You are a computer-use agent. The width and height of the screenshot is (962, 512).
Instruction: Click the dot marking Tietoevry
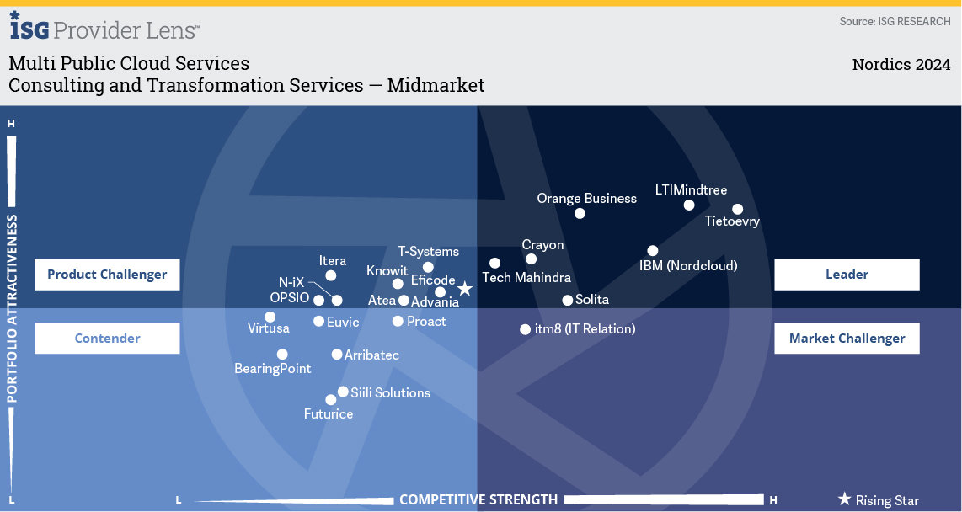[x=737, y=209]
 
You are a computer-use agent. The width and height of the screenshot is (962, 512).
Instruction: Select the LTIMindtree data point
[x=689, y=205]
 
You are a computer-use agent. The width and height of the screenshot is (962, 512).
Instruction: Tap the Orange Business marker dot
[x=580, y=213]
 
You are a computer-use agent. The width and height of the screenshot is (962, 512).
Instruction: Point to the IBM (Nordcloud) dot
[x=653, y=250]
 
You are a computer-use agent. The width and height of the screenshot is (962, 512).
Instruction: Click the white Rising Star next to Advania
[x=464, y=289]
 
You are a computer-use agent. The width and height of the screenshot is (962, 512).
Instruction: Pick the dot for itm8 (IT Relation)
[x=525, y=329]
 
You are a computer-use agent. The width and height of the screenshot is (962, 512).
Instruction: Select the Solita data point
[x=568, y=300]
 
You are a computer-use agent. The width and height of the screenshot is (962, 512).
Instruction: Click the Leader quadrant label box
[x=847, y=275]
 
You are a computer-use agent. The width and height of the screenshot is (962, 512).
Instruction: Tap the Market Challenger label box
[x=847, y=339]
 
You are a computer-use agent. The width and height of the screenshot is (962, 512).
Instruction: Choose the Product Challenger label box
[x=107, y=275]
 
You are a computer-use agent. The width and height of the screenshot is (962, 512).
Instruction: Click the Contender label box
[x=107, y=339]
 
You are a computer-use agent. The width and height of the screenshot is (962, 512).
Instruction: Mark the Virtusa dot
[x=270, y=317]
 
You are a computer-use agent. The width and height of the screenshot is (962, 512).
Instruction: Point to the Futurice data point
[x=331, y=400]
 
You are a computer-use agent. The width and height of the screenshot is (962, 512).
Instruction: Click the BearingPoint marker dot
[x=282, y=355]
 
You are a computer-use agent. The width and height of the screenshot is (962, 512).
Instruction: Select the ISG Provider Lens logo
[x=104, y=28]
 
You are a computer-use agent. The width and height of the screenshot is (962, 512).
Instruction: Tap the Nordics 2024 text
[x=901, y=65]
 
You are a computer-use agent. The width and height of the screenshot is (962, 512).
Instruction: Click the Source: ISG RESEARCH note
[x=895, y=21]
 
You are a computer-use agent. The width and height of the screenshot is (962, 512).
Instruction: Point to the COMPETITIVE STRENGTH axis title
[x=478, y=499]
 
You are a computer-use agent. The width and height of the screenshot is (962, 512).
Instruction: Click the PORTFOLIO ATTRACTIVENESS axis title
[x=12, y=308]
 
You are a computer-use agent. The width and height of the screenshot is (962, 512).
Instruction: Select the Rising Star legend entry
[x=878, y=500]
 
